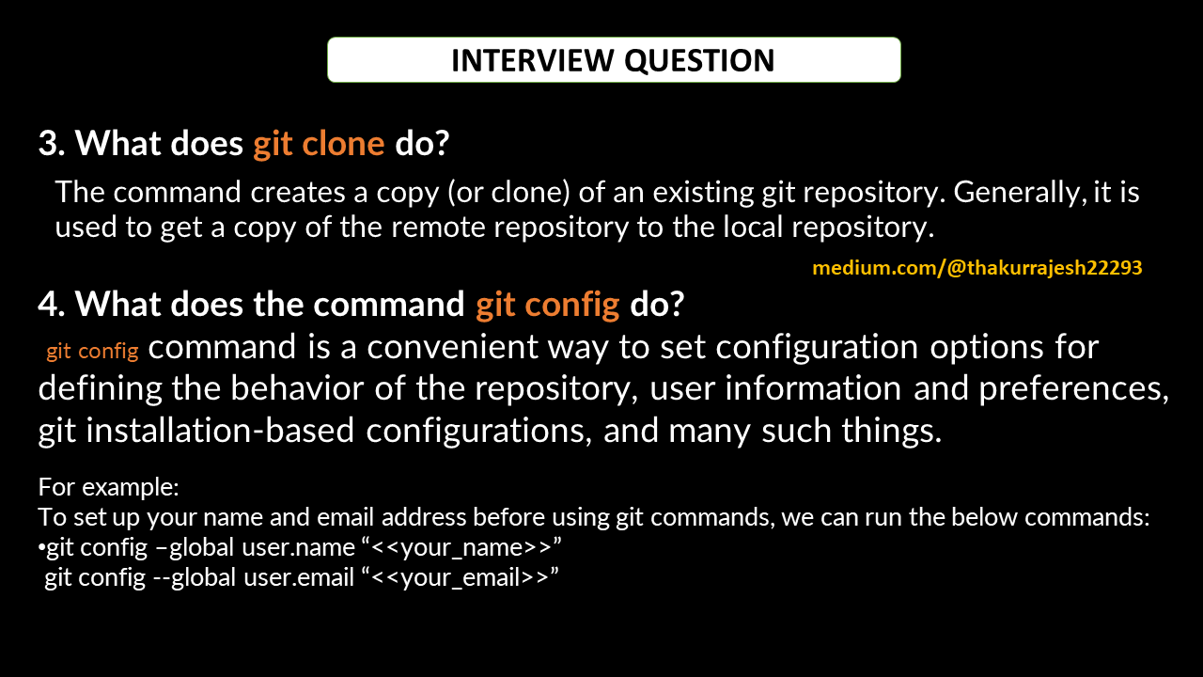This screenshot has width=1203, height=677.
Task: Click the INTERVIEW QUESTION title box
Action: point(614,59)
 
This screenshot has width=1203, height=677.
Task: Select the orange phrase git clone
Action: point(319,144)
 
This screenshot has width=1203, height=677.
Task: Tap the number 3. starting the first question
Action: point(52,144)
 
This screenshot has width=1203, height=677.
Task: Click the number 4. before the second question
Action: point(52,305)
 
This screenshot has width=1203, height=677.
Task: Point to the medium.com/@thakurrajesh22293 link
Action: point(976,268)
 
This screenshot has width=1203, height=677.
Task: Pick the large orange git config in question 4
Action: point(548,306)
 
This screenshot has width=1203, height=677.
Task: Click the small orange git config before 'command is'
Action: point(92,352)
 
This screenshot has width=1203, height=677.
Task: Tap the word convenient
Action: point(452,347)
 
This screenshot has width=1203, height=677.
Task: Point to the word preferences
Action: point(1073,389)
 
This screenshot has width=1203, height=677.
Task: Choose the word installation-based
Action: point(220,431)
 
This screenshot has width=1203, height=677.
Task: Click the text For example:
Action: point(108,487)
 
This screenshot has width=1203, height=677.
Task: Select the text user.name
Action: point(299,547)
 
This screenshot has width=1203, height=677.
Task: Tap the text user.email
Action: point(299,577)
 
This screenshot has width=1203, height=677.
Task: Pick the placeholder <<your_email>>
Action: point(460,577)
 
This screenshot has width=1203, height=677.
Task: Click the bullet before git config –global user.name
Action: point(42,548)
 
